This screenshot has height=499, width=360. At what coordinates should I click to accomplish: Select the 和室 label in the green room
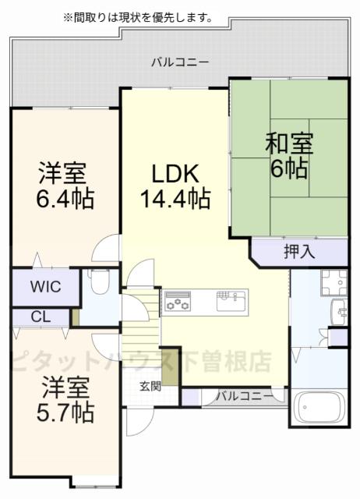pos(288,144)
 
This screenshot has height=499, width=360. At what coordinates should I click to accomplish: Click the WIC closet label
pos(44,286)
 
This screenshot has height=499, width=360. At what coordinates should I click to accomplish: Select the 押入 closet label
pos(298,252)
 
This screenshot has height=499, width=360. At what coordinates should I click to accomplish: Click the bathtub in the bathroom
pos(319,407)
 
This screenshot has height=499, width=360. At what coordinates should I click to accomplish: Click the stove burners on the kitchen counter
pos(178,301)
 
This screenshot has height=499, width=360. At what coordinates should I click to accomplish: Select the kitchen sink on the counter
pos(231,299)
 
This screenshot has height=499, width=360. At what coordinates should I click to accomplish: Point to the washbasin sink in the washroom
pos(340,310)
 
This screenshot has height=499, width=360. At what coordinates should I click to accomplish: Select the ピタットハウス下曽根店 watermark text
pos(140,361)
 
